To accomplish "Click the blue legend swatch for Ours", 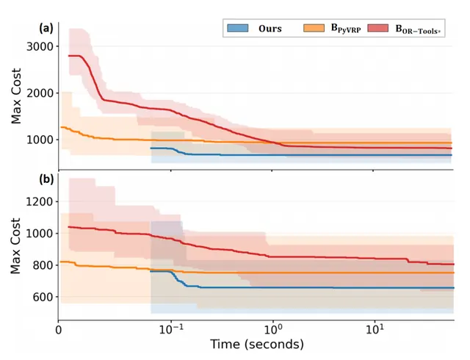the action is [238, 28].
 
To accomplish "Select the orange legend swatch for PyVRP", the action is [314, 28].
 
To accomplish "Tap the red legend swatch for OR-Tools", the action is [377, 28].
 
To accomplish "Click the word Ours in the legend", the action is [270, 29].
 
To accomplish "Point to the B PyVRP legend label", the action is [346, 29].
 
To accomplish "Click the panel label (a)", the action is [46, 28].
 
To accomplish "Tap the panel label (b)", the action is [46, 179].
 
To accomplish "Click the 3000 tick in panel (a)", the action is [40, 47].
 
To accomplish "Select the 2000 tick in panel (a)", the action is [40, 93].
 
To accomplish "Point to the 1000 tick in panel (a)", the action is [40, 140].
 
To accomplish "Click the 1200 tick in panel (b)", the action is [40, 202].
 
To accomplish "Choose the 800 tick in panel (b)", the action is [43, 265].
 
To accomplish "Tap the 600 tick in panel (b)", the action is [43, 297].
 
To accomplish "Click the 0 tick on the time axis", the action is [59, 330].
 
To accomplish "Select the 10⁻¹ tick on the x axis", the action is [171, 329].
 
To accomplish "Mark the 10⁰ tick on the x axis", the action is [272, 329].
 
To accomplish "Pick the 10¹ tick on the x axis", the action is [375, 329].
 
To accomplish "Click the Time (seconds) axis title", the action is [257, 345].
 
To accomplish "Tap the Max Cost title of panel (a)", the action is [16, 96].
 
